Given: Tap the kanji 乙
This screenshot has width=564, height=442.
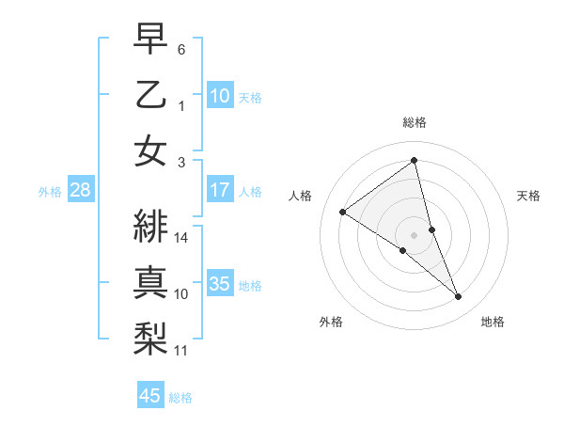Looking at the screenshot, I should pos(151,95).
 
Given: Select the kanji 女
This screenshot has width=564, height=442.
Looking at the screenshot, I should pos(151,151).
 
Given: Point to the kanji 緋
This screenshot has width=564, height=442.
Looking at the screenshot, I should pos(151,226).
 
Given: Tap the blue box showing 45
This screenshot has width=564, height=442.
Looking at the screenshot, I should pos(150,396).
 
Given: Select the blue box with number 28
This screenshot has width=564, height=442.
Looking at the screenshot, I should pos(80,190).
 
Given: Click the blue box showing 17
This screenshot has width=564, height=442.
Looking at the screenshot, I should pos(220,190).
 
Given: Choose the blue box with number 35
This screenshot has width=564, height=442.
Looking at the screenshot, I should pos(220,284).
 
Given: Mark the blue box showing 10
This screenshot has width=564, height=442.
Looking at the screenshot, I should pos(220,96).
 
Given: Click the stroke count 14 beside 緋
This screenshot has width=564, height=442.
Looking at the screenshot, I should pos(182,238).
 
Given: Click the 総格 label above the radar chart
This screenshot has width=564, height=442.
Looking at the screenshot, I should pos(415,122).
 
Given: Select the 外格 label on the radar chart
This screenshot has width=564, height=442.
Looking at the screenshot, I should pos(331,322).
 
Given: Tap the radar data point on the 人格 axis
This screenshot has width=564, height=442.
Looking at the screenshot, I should pos(343,212).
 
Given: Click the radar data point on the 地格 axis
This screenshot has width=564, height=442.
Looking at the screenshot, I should pos(459,297).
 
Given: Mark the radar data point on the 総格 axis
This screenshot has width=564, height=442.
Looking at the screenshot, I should pos(415,160).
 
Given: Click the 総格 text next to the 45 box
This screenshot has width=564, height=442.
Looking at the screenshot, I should pos(181,398).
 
